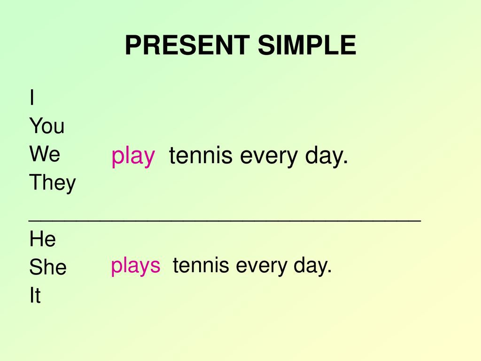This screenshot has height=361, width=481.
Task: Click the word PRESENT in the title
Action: pyautogui.click(x=187, y=45)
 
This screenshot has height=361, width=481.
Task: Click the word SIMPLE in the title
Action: pyautogui.click(x=307, y=45)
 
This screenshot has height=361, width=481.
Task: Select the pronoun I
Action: pyautogui.click(x=32, y=97)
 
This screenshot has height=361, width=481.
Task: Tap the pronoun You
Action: pyautogui.click(x=47, y=126)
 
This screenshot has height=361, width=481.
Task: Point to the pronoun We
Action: pyautogui.click(x=45, y=154)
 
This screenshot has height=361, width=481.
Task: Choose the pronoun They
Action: pyautogui.click(x=53, y=183)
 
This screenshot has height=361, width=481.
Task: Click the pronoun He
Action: pyautogui.click(x=43, y=239)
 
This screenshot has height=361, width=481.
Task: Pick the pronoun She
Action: pyautogui.click(x=48, y=267)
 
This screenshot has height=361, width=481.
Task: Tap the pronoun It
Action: pyautogui.click(x=35, y=295)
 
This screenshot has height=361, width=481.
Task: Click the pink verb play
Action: pyautogui.click(x=133, y=157)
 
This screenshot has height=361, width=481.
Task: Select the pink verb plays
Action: pyautogui.click(x=136, y=266)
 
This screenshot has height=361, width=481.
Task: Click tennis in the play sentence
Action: pyautogui.click(x=201, y=155)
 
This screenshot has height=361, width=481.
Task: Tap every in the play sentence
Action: pyautogui.click(x=269, y=157)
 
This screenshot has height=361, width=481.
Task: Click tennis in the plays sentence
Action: pyautogui.click(x=201, y=265)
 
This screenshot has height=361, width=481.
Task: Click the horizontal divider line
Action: pyautogui.click(x=225, y=220)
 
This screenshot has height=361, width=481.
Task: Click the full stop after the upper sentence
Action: pyautogui.click(x=346, y=162)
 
